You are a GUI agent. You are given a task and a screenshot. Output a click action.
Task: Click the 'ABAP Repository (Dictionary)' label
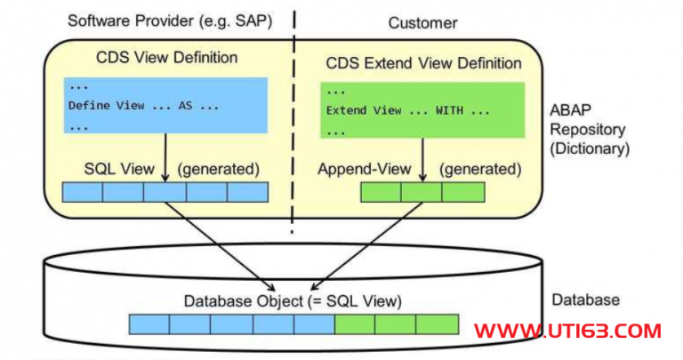(x=590, y=129)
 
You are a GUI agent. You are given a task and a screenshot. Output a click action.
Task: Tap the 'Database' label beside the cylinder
(x=586, y=300)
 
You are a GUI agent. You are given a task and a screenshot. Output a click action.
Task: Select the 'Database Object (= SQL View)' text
(x=293, y=301)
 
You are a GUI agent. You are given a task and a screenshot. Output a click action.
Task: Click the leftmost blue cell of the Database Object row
(x=149, y=324)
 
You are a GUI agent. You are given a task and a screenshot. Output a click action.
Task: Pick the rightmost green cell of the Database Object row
(x=437, y=324)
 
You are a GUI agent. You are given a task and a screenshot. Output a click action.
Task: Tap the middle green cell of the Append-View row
(x=422, y=192)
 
